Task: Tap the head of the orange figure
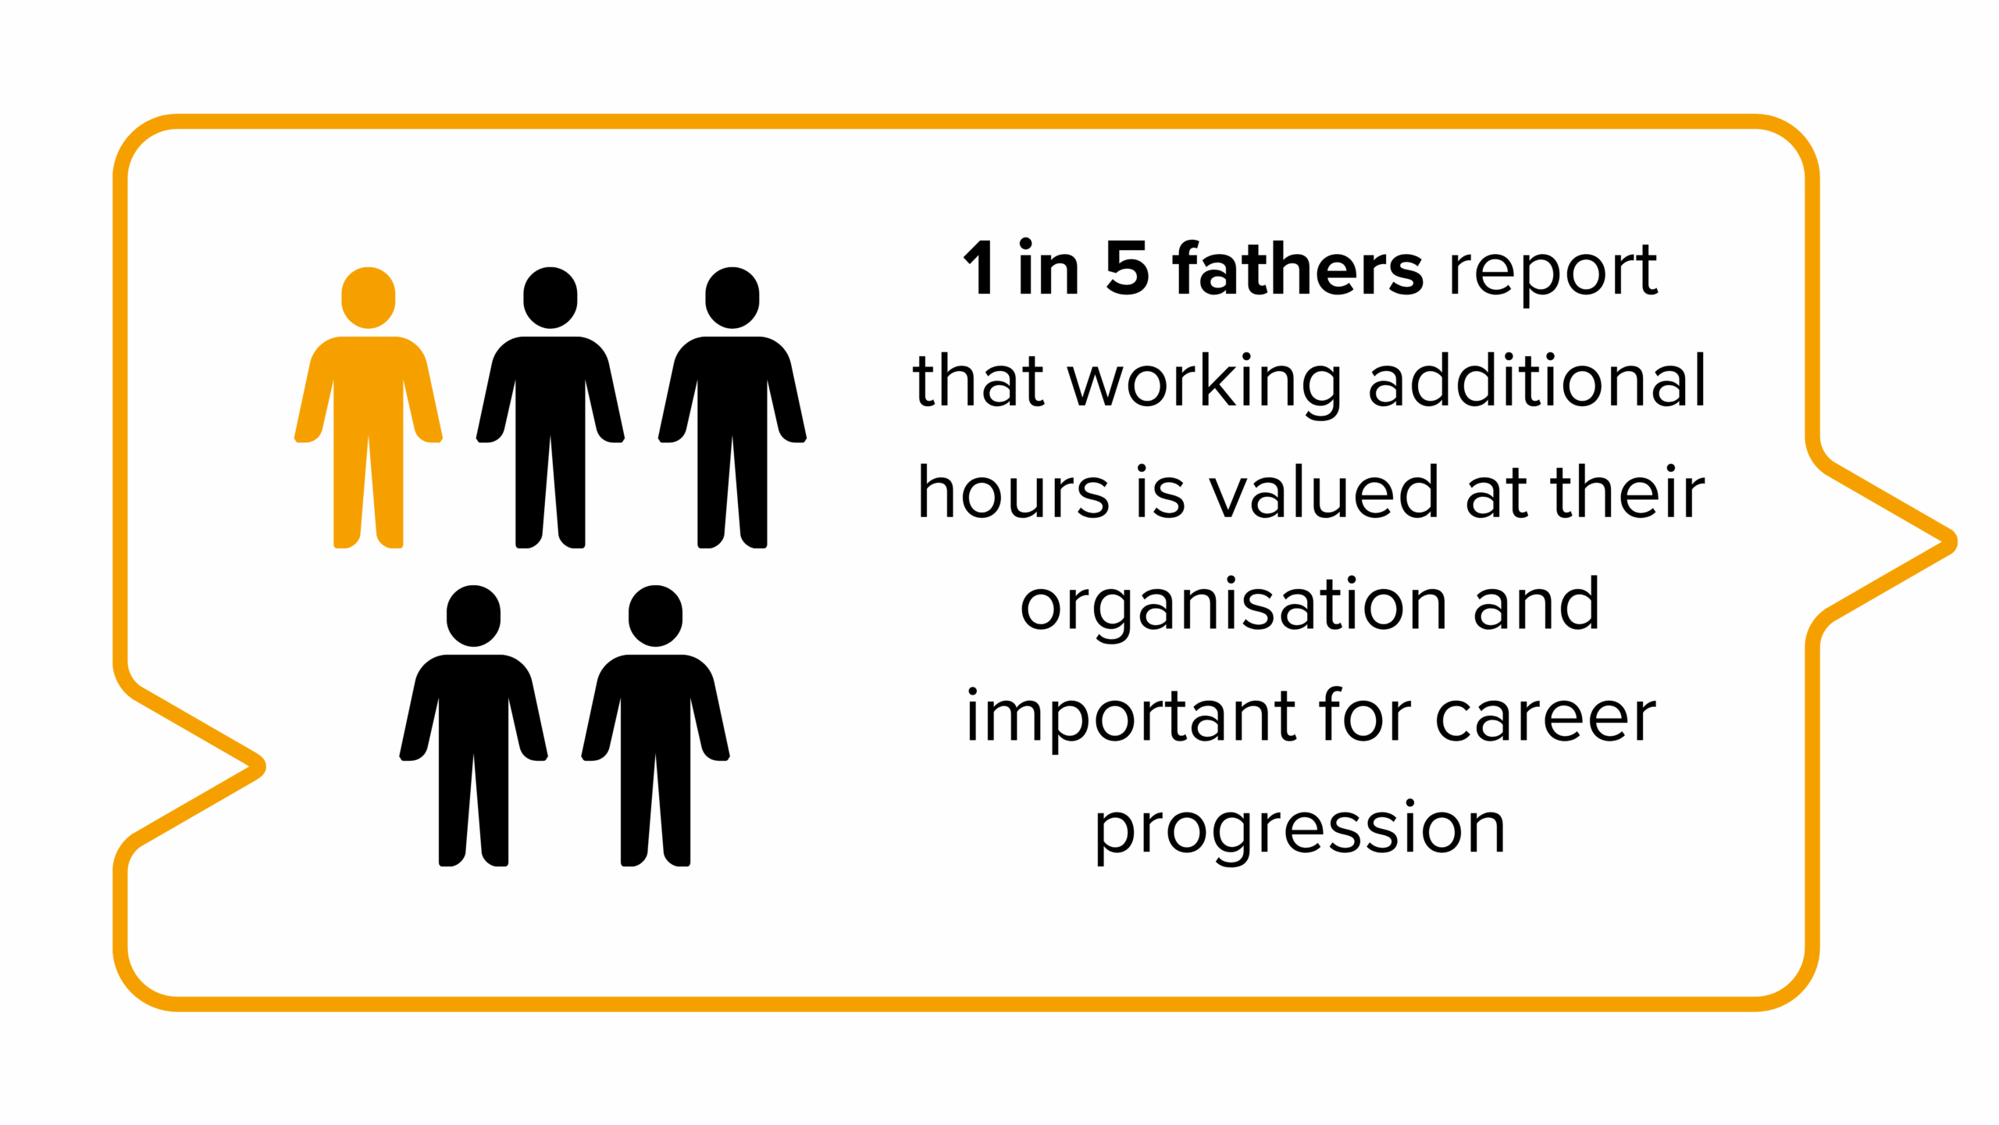click(x=368, y=298)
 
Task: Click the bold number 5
click(x=1128, y=268)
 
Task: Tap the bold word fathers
click(x=1298, y=268)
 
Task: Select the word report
click(x=1552, y=274)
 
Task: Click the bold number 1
click(x=979, y=268)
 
